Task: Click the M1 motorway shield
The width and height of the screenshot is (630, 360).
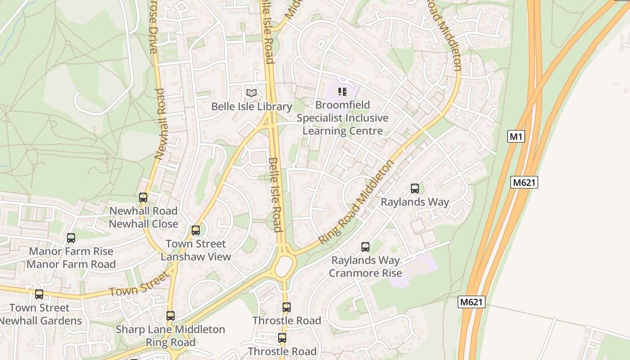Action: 516,136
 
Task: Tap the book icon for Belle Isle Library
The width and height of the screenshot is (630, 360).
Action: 252,93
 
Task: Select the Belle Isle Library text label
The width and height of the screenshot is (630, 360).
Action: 252,107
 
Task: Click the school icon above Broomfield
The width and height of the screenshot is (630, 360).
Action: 342,92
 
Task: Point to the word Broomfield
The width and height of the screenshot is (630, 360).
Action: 342,105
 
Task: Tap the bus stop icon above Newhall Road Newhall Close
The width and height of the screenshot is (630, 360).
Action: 143,198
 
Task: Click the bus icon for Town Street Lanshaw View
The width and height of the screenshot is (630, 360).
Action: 196,230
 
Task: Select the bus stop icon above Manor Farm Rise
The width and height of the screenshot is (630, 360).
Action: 71,238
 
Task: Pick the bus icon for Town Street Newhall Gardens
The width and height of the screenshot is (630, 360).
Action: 39,294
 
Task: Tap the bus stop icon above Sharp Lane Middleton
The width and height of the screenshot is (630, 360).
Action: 170,316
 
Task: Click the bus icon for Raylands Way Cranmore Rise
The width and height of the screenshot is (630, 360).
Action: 365,247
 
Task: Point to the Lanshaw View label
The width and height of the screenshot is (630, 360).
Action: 196,257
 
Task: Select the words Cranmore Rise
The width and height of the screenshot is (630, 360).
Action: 365,273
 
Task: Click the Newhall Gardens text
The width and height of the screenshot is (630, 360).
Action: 41,321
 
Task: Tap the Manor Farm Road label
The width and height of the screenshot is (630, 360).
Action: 71,264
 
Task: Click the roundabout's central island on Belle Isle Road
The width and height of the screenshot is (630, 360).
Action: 284,266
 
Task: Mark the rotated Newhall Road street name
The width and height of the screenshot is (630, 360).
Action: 160,124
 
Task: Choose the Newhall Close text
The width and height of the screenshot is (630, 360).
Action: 143,224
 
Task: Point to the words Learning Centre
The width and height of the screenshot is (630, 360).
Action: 342,131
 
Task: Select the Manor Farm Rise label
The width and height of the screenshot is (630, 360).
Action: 71,251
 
